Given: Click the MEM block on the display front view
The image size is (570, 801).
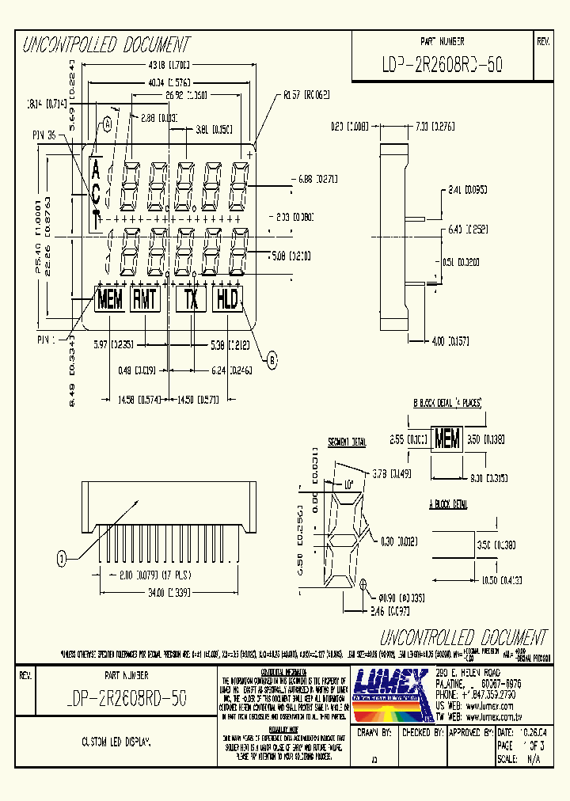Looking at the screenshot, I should (x=109, y=299).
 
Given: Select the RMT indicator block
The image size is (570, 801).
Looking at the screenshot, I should (x=145, y=299).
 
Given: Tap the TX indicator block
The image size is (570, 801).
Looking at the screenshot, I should (x=191, y=299).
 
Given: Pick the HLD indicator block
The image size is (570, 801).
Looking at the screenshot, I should (x=227, y=299).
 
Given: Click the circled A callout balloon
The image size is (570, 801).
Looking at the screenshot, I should (x=106, y=123).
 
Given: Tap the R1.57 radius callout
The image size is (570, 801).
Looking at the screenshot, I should (x=306, y=94).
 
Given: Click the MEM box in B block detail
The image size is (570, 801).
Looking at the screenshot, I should (x=447, y=440).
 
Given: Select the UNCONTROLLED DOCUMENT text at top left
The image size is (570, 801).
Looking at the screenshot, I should (x=105, y=44).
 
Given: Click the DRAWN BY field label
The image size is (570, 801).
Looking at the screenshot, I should (x=374, y=733).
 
